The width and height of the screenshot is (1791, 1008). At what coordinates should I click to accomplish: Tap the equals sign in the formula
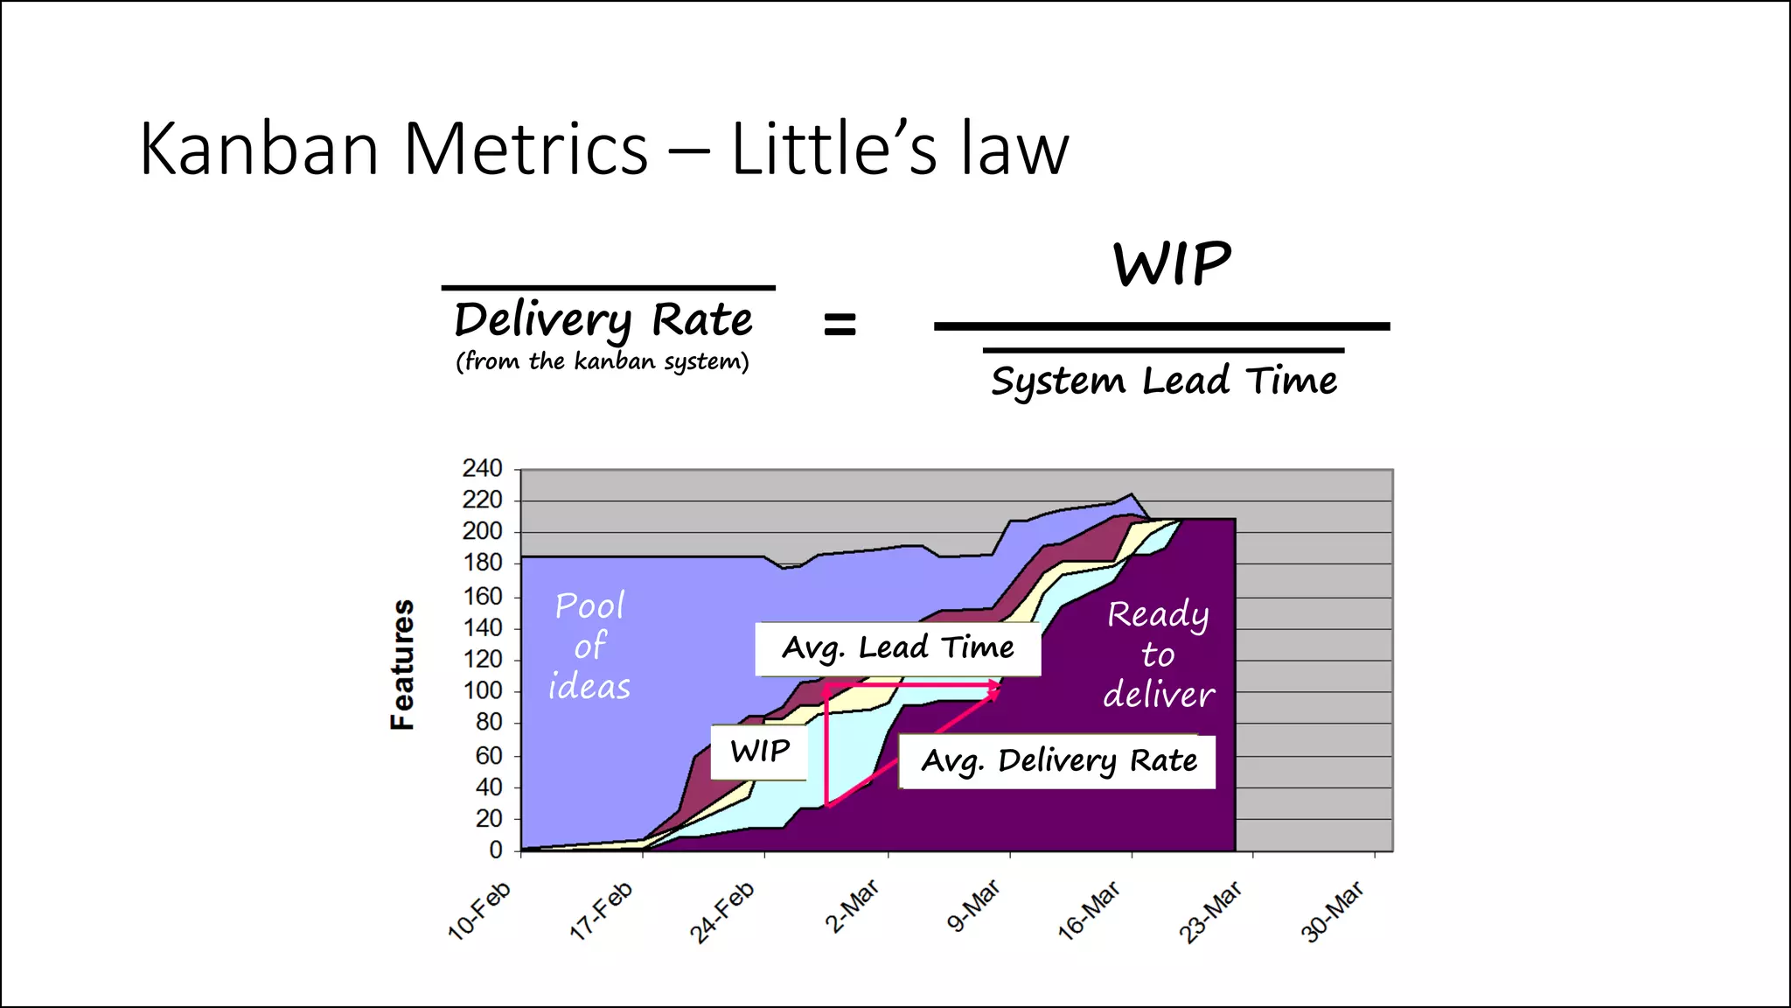coord(840,325)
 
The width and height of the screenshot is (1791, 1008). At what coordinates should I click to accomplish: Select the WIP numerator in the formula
coord(1172,264)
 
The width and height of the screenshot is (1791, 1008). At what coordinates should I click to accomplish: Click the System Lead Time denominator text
coord(1163,381)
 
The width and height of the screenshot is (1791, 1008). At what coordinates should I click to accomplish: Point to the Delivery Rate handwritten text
coord(603,319)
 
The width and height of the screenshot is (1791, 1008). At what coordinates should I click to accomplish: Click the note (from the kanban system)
coord(602,361)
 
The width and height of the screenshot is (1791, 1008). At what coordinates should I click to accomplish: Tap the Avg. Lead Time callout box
coord(897,648)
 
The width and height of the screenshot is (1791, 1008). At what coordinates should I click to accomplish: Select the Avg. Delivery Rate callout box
coord(1058,761)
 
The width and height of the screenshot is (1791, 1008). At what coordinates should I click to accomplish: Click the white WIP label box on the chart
coord(759,751)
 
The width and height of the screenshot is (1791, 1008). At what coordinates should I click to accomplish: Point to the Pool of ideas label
coord(589,646)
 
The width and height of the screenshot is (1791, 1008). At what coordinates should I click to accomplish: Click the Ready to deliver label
coord(1158,654)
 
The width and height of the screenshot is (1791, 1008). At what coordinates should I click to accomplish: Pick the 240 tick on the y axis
coord(482,469)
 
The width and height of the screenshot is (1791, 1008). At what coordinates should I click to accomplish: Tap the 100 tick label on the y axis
coord(482,691)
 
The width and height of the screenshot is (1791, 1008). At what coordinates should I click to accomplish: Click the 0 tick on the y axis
coord(495,850)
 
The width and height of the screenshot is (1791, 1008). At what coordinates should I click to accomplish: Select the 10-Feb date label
coord(479,911)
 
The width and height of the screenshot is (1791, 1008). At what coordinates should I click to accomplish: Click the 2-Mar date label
coord(852,907)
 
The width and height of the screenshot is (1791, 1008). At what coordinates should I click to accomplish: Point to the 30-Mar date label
coord(1333,911)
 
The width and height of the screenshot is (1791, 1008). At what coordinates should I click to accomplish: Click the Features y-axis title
coord(402,665)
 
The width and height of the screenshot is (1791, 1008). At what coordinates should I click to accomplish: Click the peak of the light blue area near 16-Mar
coord(1132,494)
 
